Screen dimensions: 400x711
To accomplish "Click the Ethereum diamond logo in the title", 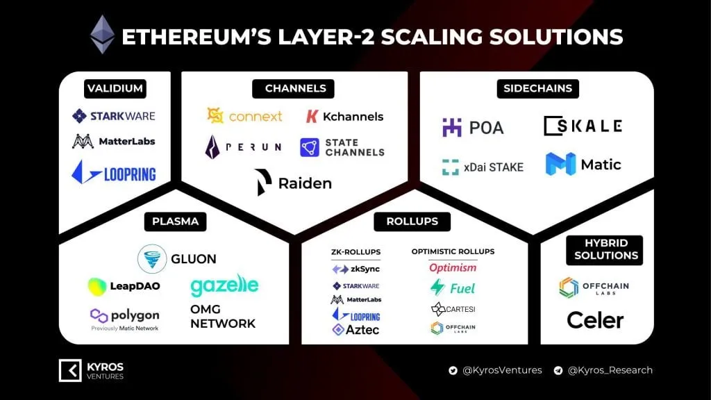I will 103,34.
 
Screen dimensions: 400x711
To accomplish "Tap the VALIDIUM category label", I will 115,88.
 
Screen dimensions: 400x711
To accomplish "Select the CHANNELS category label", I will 295,88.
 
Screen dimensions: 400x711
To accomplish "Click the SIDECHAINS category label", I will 538,88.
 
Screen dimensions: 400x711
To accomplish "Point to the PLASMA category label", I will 175,222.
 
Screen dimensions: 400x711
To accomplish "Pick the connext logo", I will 244,116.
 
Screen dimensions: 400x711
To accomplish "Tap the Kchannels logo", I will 344,116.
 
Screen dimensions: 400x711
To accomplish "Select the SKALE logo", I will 583,126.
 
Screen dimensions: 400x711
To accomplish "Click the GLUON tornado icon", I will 151,258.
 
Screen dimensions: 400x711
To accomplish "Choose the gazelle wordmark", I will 224,285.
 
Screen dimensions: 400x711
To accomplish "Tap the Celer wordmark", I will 595,319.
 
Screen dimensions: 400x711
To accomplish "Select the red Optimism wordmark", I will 453,268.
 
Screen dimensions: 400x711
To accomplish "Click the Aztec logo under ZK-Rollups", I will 355,330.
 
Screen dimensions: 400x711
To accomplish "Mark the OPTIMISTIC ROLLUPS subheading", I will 453,251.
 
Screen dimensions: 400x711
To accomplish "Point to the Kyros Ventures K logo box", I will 70,370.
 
